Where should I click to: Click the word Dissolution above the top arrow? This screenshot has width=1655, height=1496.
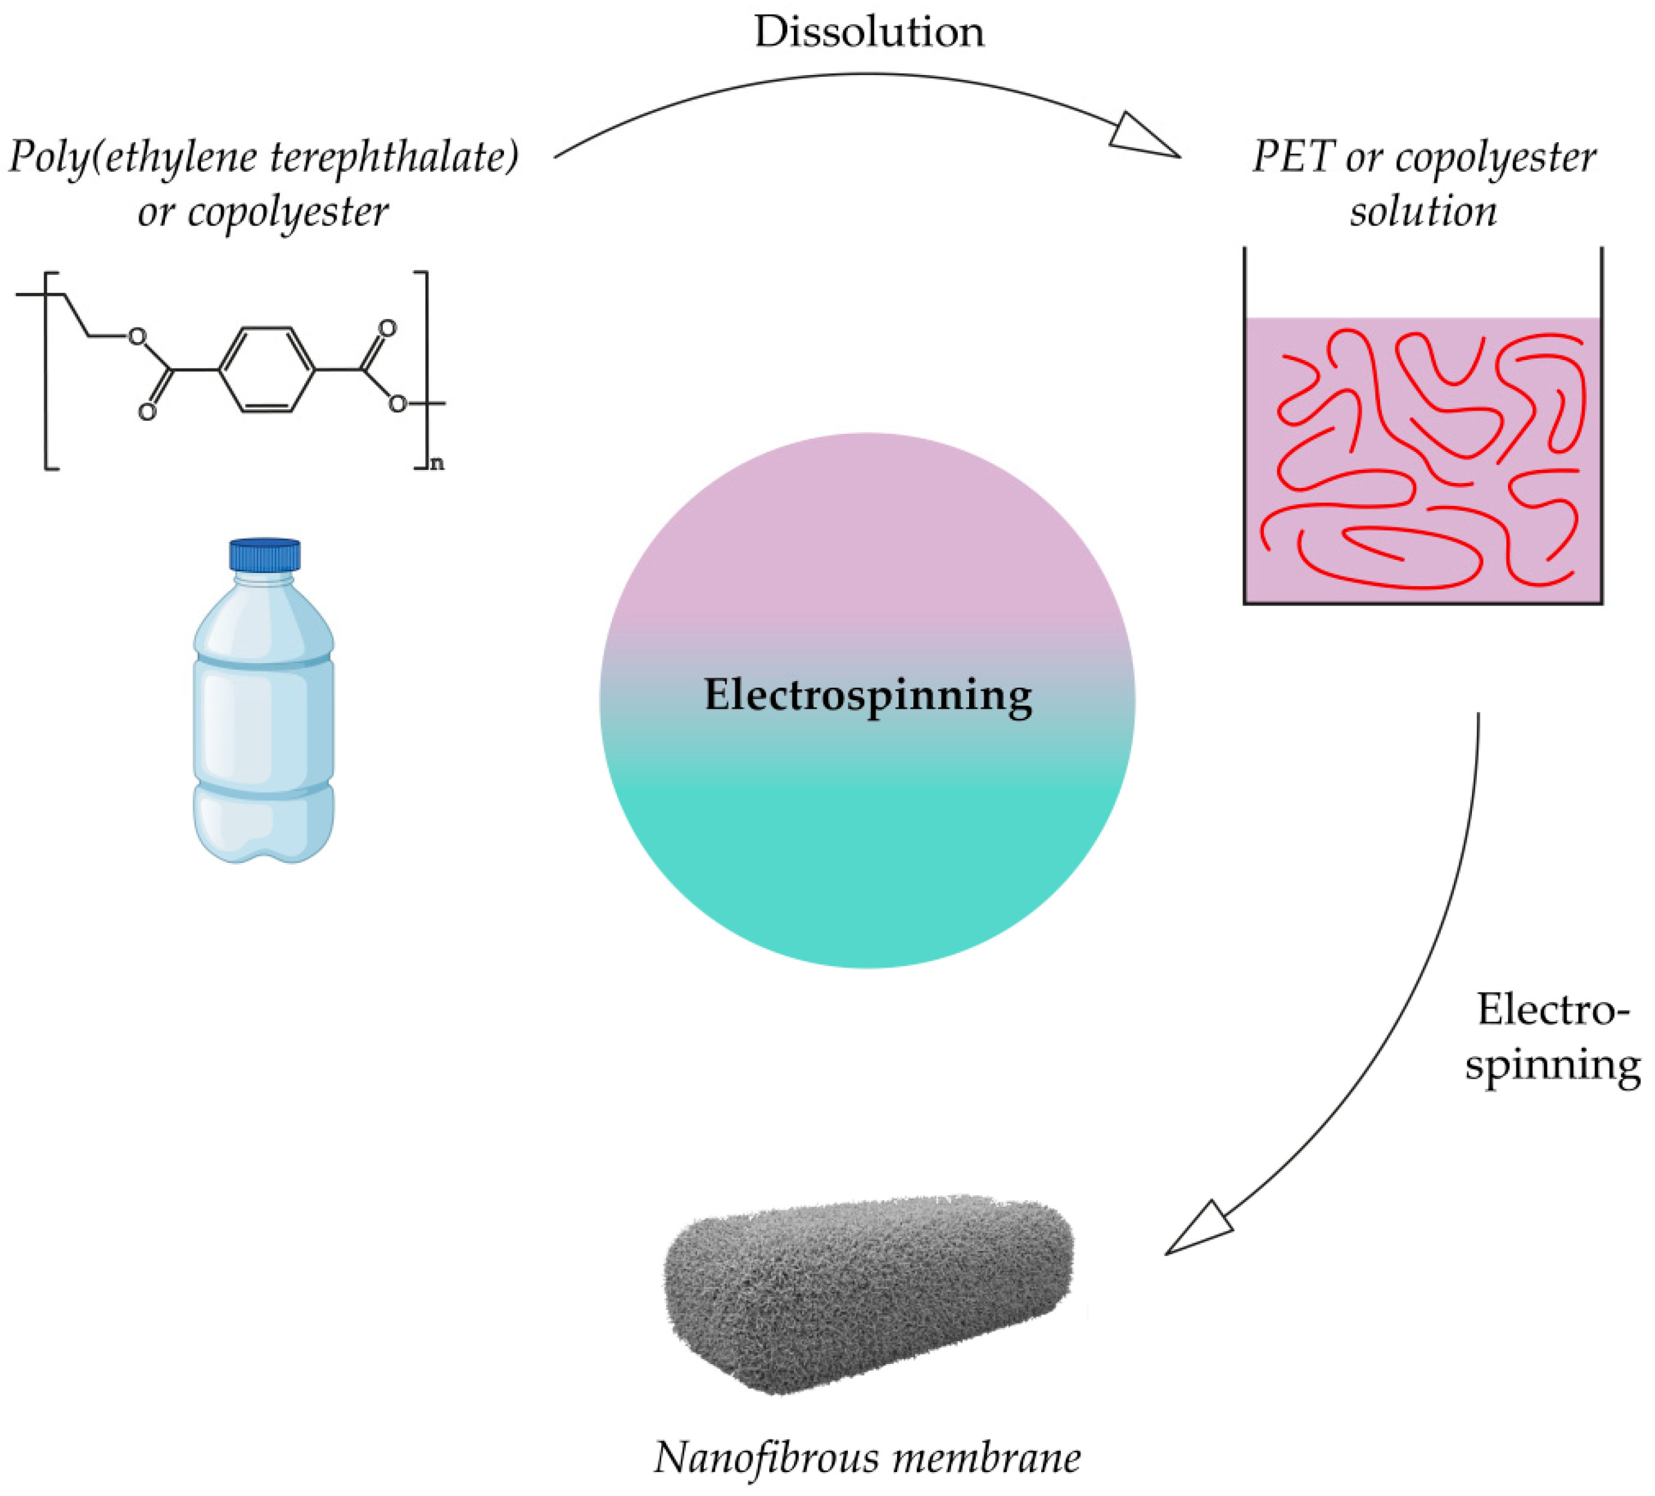point(868,33)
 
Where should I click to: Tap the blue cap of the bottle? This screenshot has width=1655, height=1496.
point(265,554)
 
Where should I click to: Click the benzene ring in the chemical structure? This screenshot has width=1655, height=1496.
point(267,370)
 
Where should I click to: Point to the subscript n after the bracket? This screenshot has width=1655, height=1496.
point(437,464)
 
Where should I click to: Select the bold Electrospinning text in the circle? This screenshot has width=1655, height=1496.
point(868,695)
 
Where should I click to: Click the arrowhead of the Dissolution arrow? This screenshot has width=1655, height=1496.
point(1145,136)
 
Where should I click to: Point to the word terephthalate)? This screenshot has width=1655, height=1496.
point(394,158)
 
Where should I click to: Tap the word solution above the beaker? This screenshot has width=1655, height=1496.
point(1423,212)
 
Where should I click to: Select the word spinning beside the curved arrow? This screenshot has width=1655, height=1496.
point(1552,1066)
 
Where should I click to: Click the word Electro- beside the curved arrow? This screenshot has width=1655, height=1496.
point(1552,1010)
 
